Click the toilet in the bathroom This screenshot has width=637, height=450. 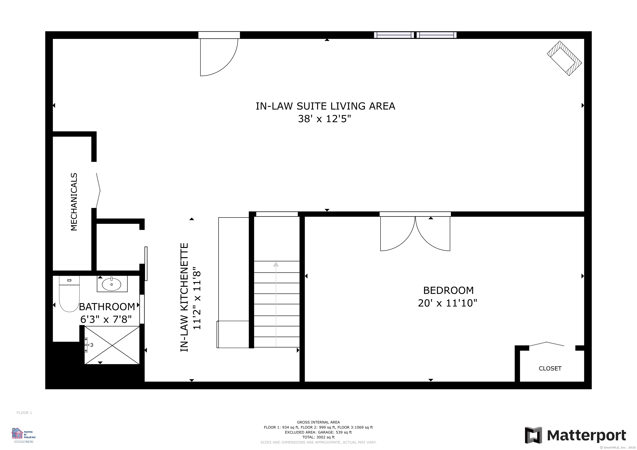coord(69,295)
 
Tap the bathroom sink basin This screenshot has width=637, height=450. coord(112,284)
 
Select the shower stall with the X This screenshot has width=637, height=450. coord(112,345)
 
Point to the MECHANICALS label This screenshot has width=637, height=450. coord(74,202)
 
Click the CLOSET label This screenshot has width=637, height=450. coord(550,368)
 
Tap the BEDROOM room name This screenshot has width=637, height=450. coord(448,290)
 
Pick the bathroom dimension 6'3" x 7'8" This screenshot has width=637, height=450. coord(106,319)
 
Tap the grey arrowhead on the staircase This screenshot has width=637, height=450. coord(276,264)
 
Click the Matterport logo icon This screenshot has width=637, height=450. coord(533,435)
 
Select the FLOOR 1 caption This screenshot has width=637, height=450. coord(24,413)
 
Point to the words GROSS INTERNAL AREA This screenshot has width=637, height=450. coord(318,422)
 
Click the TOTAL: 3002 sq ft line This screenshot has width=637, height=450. coord(318,437)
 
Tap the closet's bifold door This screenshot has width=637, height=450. coord(547,344)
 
